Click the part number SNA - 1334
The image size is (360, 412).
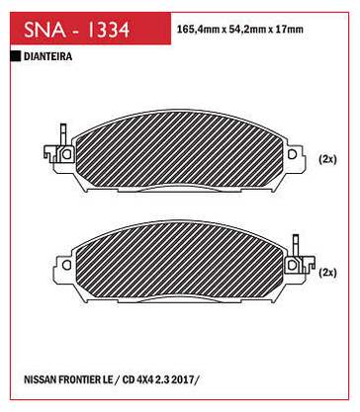77,30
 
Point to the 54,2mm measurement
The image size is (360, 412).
245,30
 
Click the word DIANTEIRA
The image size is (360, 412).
48,56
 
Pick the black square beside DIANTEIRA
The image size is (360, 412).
16,56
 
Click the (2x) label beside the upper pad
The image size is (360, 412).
327,159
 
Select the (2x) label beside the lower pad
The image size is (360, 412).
327,273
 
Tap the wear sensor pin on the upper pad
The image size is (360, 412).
63,134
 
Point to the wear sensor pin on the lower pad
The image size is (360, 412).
296,245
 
